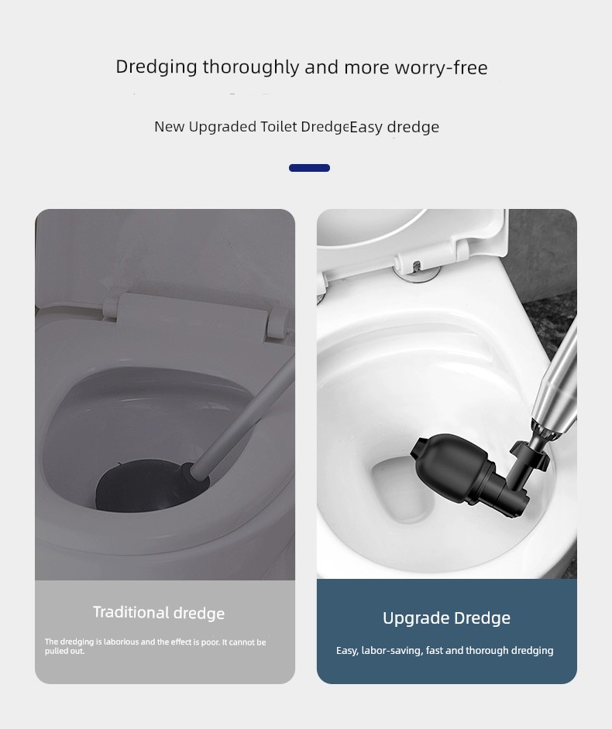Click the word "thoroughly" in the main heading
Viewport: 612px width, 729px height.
(x=251, y=67)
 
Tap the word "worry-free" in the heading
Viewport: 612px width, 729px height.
(x=442, y=68)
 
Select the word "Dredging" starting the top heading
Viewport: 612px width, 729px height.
(x=156, y=67)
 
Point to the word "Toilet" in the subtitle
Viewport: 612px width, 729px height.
(x=279, y=126)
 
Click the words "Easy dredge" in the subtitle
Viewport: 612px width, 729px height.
(x=394, y=127)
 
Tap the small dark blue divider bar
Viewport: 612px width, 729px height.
(x=310, y=168)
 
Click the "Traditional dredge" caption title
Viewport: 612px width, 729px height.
(x=159, y=613)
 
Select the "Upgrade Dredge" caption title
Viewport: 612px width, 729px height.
(x=447, y=618)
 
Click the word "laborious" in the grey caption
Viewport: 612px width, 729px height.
(x=121, y=642)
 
